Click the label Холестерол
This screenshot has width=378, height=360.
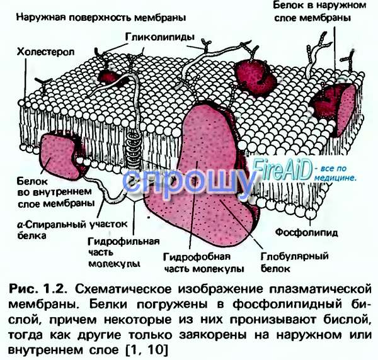pos(45,52)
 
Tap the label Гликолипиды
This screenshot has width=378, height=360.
pos(160,38)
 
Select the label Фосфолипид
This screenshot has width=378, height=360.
pos(306,233)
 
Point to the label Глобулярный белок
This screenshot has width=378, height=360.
pos(294,262)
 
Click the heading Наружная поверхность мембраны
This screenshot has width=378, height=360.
pos(101,18)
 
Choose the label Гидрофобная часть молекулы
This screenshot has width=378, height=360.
pos(203,262)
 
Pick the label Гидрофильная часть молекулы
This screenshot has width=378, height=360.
pos(124,252)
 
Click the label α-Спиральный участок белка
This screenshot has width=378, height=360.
pos(72,230)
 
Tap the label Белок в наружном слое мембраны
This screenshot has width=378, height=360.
pos(319,11)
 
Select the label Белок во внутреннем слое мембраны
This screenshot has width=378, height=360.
pos(55,193)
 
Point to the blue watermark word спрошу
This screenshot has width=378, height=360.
pos(188,182)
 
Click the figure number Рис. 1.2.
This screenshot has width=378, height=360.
pos(38,289)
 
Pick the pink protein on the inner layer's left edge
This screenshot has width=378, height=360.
pos(62,157)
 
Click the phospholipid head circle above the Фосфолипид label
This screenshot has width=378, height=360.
pos(311,213)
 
